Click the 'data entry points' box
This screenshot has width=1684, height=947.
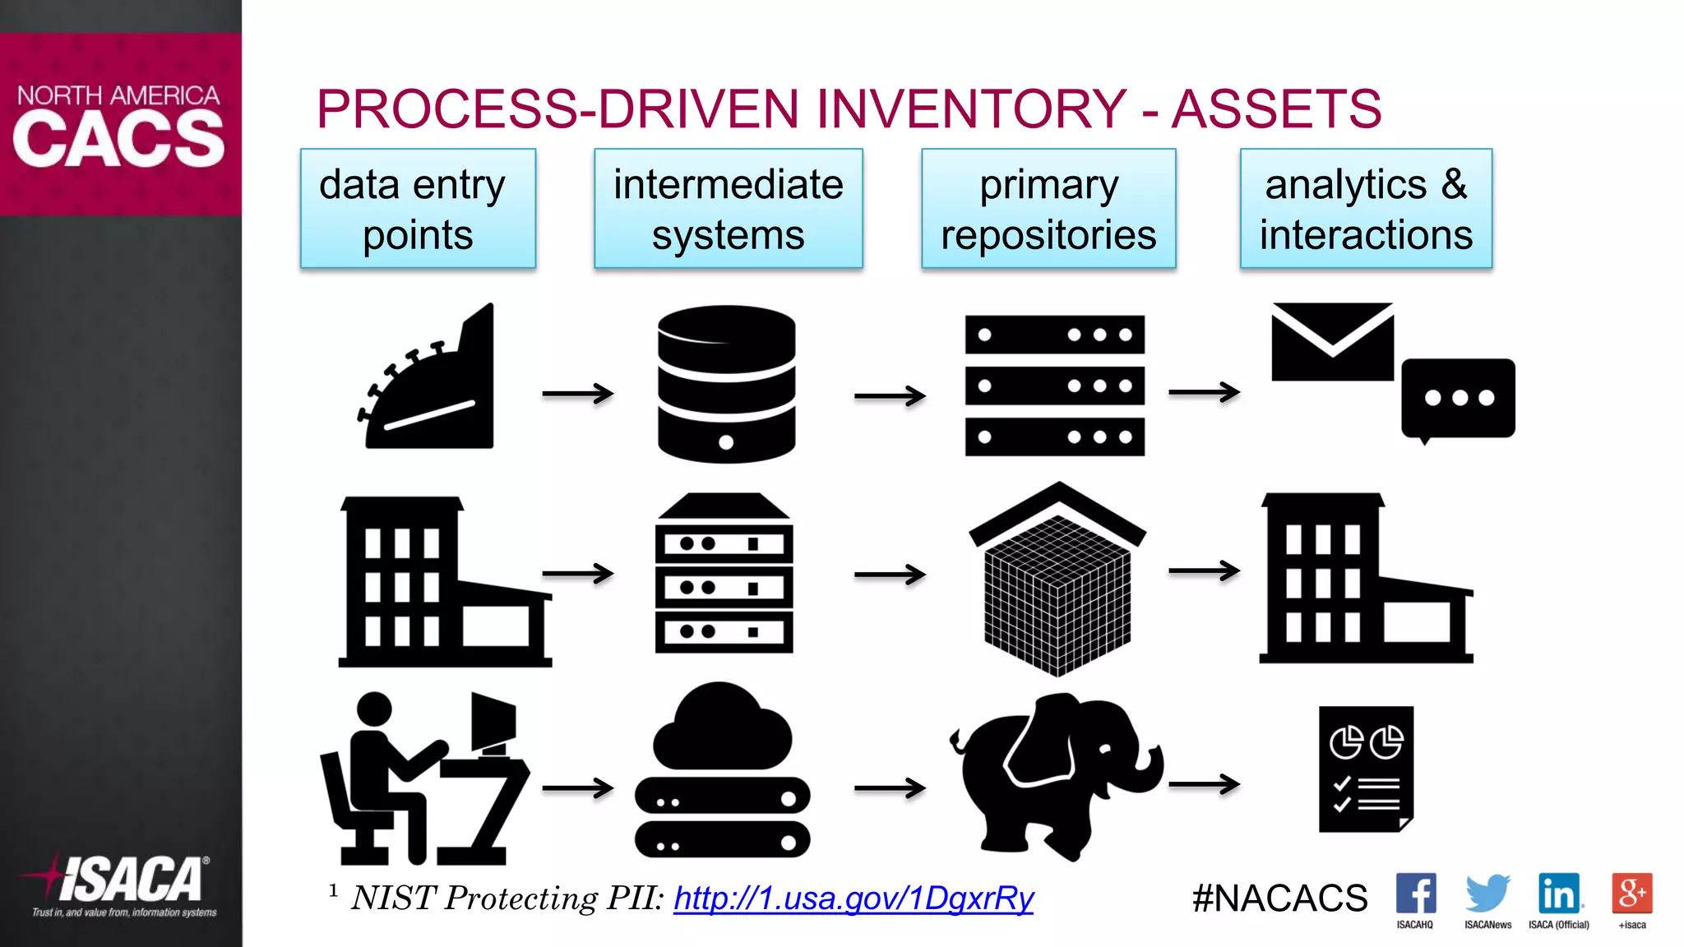tap(418, 209)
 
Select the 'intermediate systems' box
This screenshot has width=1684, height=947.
tap(728, 209)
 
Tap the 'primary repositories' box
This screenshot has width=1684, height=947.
tap(1048, 209)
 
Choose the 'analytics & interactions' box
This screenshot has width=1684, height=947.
tap(1366, 209)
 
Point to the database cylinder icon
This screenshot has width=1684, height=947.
tap(726, 383)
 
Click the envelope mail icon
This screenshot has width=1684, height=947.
tap(1332, 342)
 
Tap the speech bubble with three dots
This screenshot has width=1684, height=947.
tap(1458, 399)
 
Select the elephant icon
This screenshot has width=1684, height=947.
tap(1057, 773)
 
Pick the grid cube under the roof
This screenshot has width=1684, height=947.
tap(1057, 592)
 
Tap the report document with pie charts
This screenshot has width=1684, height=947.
tap(1366, 769)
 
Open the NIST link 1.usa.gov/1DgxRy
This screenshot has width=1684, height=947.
tap(854, 898)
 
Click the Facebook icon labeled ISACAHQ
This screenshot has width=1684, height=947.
tap(1415, 894)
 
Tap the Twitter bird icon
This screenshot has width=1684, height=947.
tap(1487, 894)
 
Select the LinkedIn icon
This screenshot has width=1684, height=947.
tap(1559, 894)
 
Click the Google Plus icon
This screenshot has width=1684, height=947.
tap(1631, 894)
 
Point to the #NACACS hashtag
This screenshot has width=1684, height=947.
tap(1279, 898)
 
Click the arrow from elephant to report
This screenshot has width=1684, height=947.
tap(1204, 784)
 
